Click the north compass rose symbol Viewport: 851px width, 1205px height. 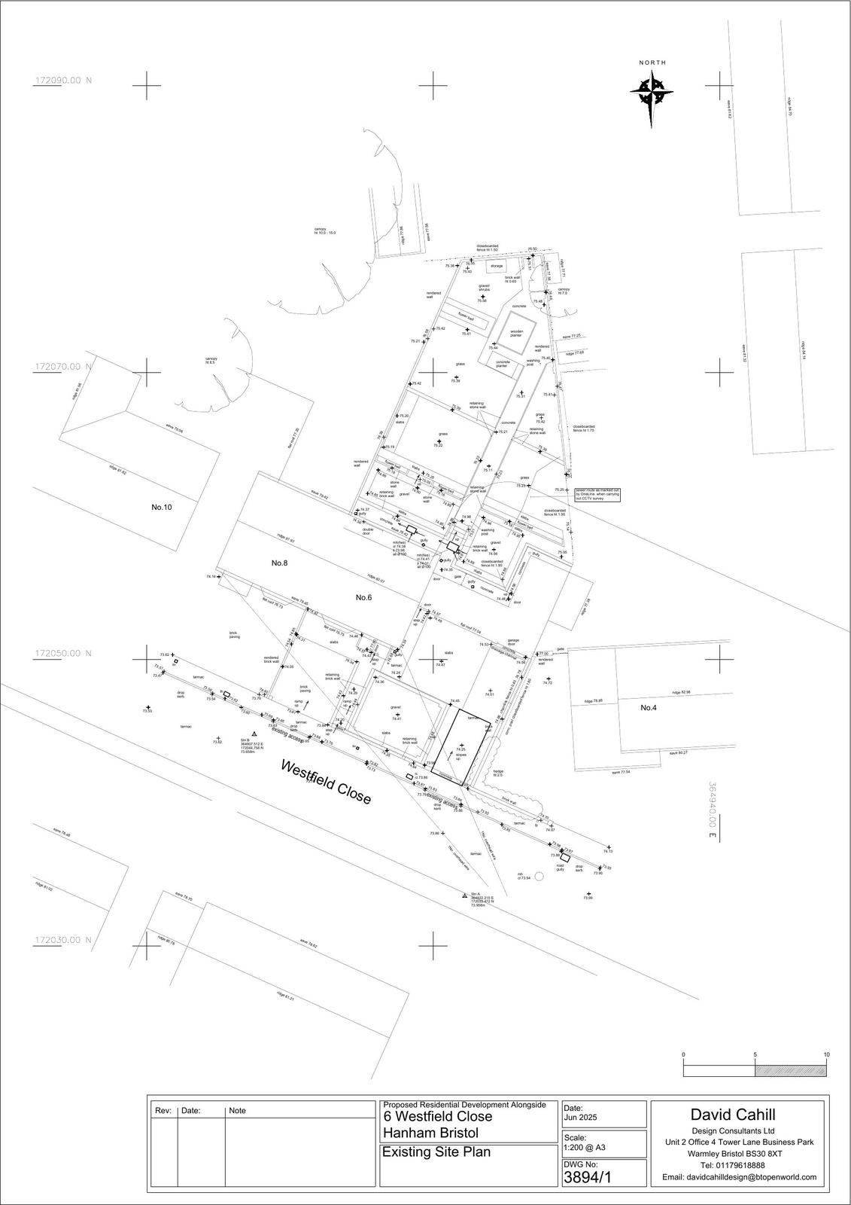coord(652,93)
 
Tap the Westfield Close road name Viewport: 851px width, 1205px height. coord(326,782)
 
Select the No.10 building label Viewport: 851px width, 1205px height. coord(162,507)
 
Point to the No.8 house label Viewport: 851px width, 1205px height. coord(281,563)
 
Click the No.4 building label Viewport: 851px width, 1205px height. coord(649,708)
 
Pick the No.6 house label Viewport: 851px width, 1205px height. coord(364,597)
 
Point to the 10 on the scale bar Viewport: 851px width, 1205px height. coord(826,1054)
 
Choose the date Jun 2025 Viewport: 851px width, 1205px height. coord(580,1118)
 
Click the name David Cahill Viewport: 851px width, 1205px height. coord(733,1115)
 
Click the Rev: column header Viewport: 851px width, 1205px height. coord(163,1111)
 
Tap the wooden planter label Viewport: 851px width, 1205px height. coord(516,333)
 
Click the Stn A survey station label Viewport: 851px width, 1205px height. coord(474,895)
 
